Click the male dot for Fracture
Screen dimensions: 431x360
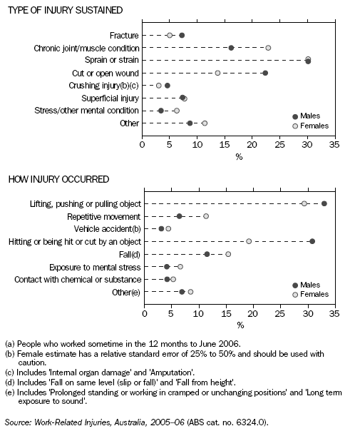point(182,35)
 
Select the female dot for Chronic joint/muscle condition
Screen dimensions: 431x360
point(268,48)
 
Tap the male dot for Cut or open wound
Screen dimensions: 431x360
point(265,73)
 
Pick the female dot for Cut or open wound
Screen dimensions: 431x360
point(217,73)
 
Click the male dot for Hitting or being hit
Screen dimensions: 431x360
point(312,241)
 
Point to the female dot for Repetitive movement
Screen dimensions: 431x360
point(206,216)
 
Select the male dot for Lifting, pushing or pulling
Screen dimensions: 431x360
point(324,203)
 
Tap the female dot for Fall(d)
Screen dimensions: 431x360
point(228,254)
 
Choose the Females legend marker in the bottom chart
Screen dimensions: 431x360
point(295,294)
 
